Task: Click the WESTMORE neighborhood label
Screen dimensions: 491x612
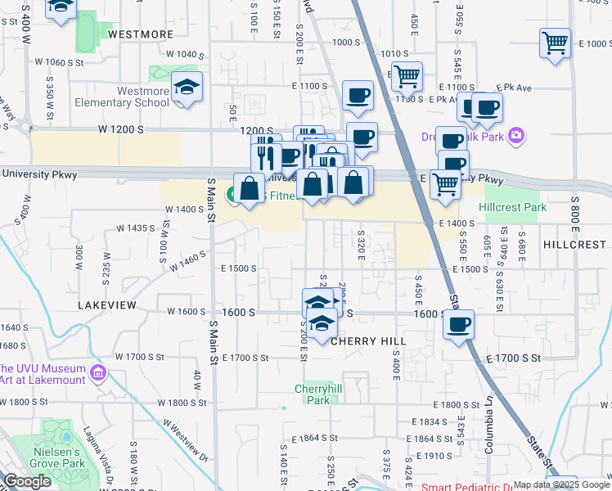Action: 141,34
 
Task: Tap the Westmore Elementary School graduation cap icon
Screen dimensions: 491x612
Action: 187,89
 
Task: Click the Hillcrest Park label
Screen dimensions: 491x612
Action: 515,208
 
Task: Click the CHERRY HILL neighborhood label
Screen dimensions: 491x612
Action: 369,340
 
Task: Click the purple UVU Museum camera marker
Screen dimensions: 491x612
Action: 98,373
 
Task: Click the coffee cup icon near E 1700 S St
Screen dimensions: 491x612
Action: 458,325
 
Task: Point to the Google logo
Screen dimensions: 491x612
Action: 27,481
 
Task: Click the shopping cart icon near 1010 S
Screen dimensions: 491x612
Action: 406,76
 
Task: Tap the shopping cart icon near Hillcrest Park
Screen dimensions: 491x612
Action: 444,183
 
